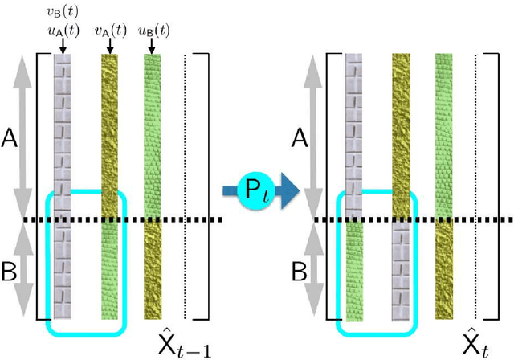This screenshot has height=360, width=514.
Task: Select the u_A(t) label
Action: tap(62, 28)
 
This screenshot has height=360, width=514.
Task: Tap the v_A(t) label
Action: tap(109, 28)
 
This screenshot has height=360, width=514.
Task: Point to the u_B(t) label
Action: tap(152, 28)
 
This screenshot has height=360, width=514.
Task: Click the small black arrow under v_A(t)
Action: tap(109, 47)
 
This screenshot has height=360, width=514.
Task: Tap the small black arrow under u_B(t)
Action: tap(152, 47)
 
